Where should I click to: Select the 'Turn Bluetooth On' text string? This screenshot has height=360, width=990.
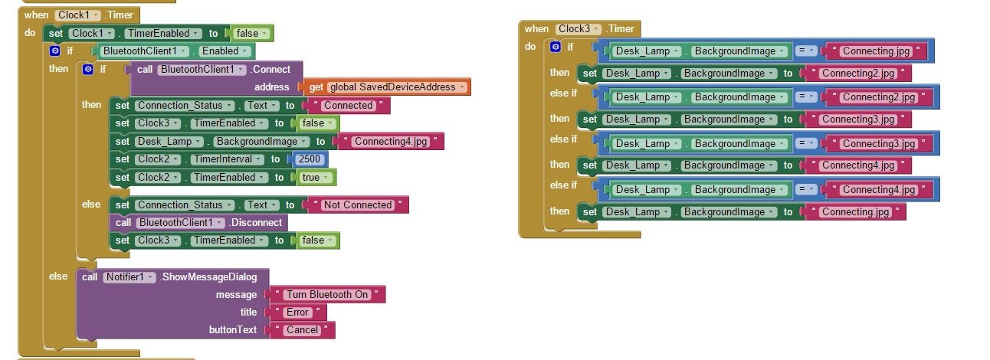329,294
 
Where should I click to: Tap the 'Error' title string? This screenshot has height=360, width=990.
298,312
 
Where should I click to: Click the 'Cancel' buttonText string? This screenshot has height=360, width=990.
302,330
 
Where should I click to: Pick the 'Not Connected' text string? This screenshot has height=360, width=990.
358,205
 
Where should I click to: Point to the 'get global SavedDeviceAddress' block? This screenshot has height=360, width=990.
392,87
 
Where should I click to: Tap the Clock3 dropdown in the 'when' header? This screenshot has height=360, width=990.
579,29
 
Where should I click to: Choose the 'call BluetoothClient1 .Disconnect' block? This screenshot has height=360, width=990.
199,222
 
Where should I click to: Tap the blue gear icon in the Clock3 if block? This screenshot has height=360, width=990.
556,47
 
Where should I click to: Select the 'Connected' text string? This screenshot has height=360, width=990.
348,105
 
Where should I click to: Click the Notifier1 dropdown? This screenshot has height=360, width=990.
129,277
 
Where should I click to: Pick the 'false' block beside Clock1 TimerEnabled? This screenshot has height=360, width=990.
251,34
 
